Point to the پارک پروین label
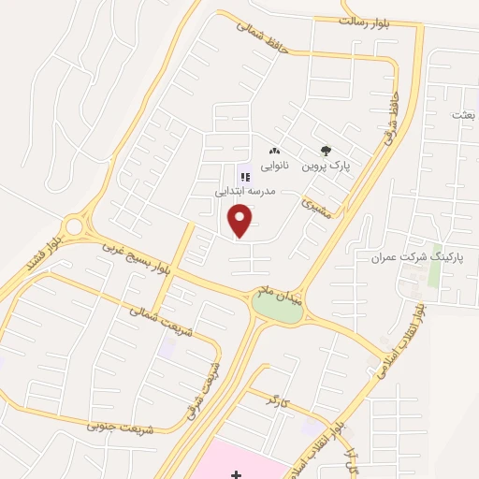[x=325, y=166]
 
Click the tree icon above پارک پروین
[x=326, y=150]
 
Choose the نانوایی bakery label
[x=274, y=166]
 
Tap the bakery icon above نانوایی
[x=274, y=151]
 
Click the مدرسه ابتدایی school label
[x=245, y=190]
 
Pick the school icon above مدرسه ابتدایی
[x=246, y=176]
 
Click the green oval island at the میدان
[x=278, y=310]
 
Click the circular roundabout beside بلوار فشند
[x=75, y=226]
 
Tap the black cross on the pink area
[x=236, y=474]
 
